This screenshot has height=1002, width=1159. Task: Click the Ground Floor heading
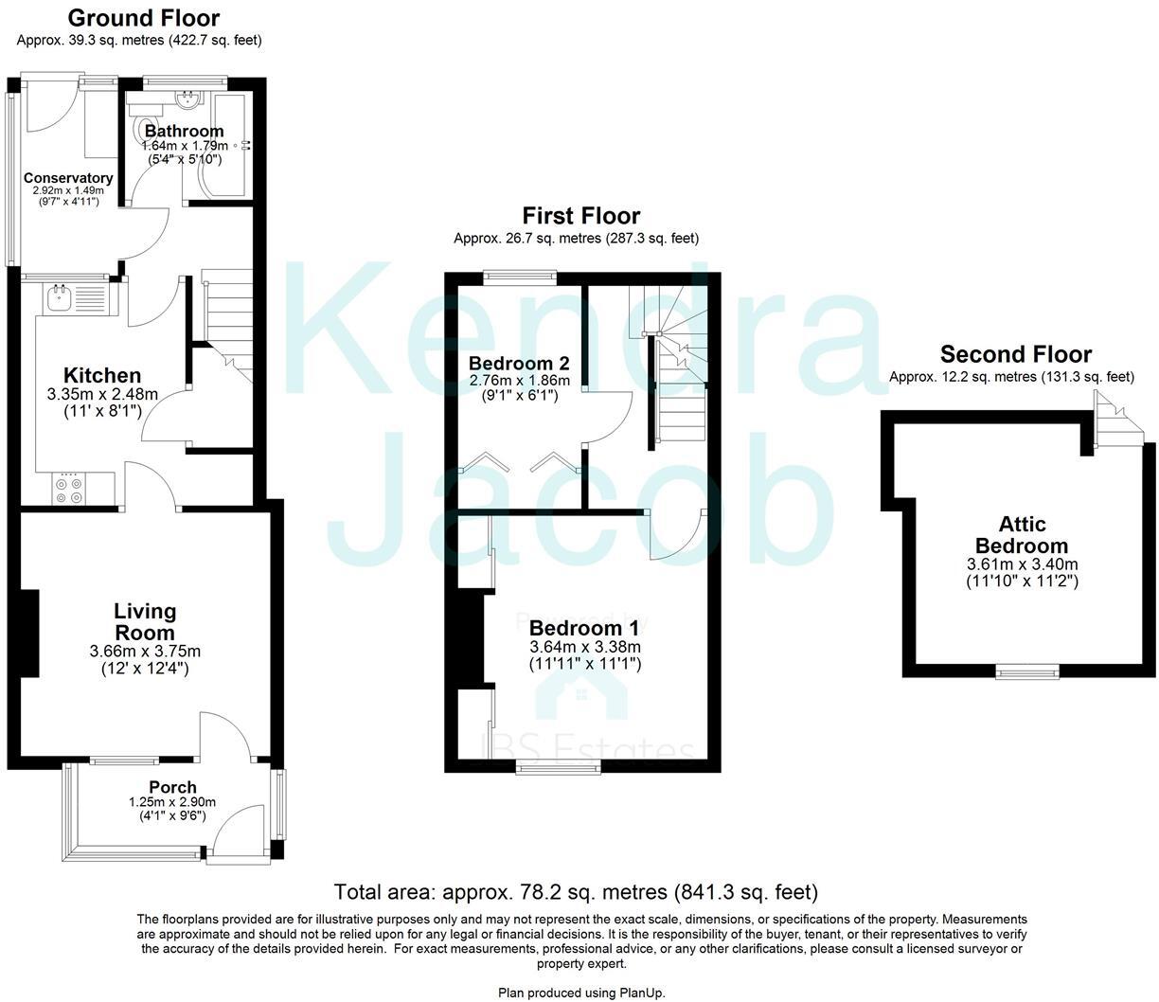pyautogui.click(x=144, y=18)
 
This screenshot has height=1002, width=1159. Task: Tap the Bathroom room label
pyautogui.click(x=184, y=131)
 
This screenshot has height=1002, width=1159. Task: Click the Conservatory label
pyautogui.click(x=68, y=178)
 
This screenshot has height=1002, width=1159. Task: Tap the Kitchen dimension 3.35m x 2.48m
pyautogui.click(x=102, y=394)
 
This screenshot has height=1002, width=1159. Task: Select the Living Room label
pyautogui.click(x=145, y=621)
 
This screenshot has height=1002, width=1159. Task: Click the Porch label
pyautogui.click(x=173, y=787)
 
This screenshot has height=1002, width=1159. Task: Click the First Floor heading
pyautogui.click(x=581, y=217)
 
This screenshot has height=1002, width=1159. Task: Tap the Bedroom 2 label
pyautogui.click(x=519, y=364)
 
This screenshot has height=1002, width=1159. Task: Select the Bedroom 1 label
pyautogui.click(x=584, y=629)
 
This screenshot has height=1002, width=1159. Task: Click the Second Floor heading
pyautogui.click(x=1015, y=354)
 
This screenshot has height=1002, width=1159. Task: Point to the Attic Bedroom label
pyautogui.click(x=1022, y=535)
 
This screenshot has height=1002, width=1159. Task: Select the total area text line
pyautogui.click(x=576, y=891)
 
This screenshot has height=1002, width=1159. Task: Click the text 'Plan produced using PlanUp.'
pyautogui.click(x=581, y=993)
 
